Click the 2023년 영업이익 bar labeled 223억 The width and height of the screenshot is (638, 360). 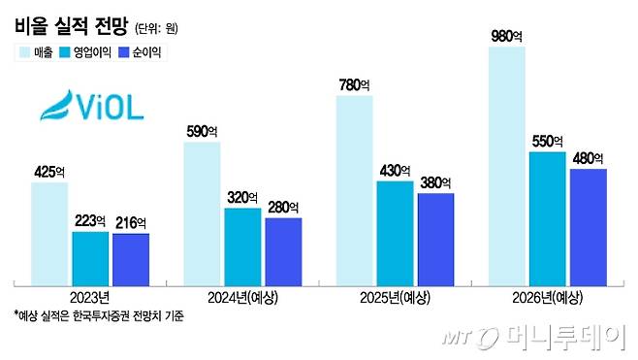(91, 257)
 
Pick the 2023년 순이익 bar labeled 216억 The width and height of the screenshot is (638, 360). (131, 258)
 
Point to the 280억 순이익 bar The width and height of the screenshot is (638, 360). (283, 249)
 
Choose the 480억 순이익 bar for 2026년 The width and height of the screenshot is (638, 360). (588, 226)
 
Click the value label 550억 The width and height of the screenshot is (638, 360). (548, 142)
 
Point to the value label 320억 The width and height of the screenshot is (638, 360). (242, 198)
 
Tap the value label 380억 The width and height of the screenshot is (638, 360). (435, 184)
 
